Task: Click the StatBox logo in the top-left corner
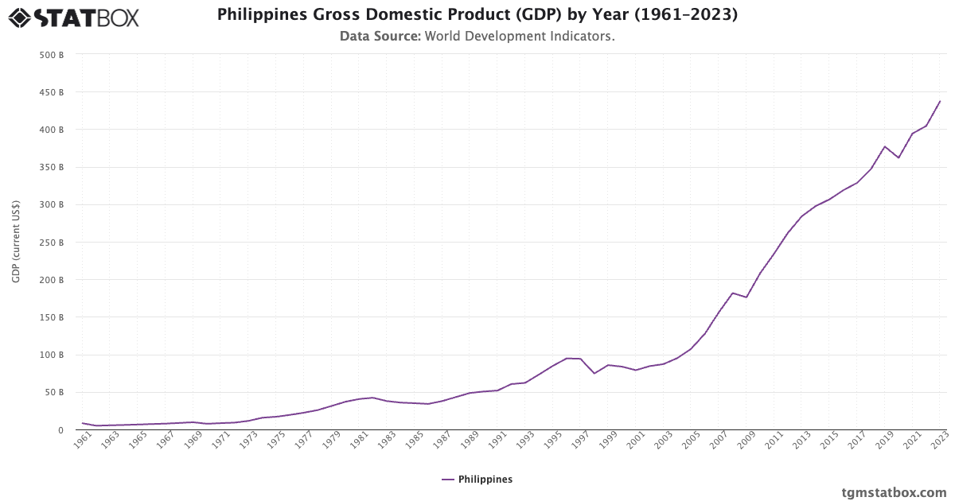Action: (74, 17)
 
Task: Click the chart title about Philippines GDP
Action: (477, 14)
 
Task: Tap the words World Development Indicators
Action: (519, 37)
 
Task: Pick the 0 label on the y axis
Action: (60, 430)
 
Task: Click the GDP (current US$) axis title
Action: (15, 243)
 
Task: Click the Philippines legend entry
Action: (477, 480)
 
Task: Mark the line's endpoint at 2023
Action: (940, 101)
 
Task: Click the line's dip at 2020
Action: (898, 157)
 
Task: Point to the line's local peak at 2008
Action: (732, 293)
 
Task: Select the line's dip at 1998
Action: (594, 374)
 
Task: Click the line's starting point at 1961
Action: (83, 423)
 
